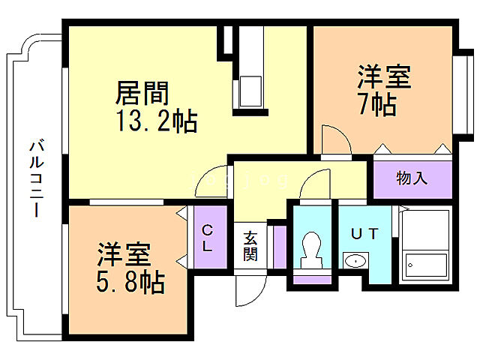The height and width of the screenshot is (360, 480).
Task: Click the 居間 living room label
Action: (x=142, y=94)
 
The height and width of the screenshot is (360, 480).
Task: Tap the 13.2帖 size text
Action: (x=155, y=121)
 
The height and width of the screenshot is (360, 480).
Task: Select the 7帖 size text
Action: (x=377, y=104)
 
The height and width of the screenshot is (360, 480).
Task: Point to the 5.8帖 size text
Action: (x=130, y=283)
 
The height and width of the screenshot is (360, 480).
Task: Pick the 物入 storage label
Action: (x=412, y=178)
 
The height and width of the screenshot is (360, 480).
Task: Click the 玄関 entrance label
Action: (x=250, y=247)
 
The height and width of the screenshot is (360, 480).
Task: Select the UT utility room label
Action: (x=364, y=233)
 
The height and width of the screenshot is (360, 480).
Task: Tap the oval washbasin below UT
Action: (x=355, y=261)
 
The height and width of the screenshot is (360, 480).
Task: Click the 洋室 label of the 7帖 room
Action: (x=383, y=77)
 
